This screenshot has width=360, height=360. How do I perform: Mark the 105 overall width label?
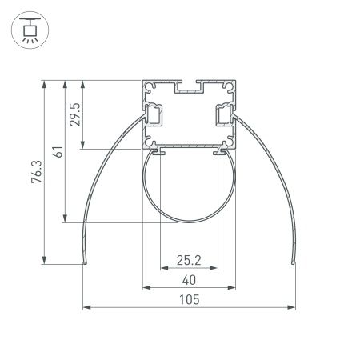point(188,299)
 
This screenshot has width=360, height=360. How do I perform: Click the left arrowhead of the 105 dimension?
point(86,306)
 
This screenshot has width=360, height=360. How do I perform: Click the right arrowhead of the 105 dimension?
point(290,306)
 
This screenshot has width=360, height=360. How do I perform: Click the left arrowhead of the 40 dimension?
point(146,286)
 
